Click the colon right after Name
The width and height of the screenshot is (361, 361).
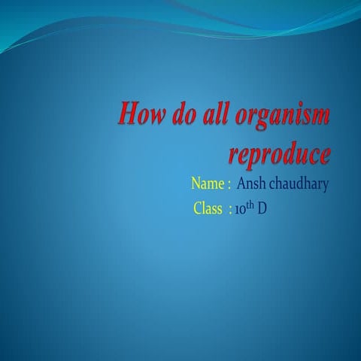(228, 184)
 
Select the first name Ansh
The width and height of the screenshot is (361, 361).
(250, 184)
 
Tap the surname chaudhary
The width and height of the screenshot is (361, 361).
(299, 184)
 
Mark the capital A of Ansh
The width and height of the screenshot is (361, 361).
(241, 184)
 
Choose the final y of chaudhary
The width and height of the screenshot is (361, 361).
(325, 187)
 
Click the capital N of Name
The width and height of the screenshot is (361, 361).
(197, 184)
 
